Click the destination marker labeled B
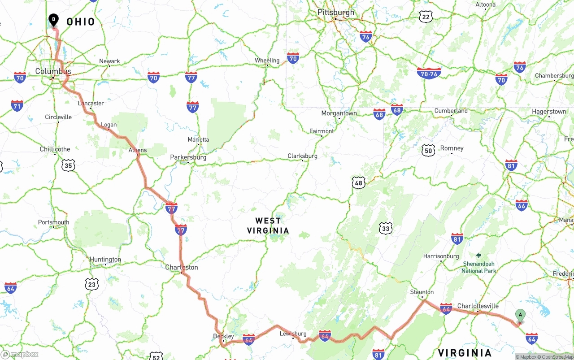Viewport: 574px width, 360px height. coord(53,20)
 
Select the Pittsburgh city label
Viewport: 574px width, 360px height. coord(336,12)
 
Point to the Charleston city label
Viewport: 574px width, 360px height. coord(182,267)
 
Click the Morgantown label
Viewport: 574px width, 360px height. coord(339,113)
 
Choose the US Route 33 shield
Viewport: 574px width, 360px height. coord(385,228)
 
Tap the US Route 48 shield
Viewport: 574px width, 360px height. coord(358,182)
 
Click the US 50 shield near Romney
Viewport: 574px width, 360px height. coord(428,151)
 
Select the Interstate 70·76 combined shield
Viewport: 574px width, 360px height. coord(429,73)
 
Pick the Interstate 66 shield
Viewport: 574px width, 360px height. coord(521,205)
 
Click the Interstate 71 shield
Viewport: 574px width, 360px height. coord(17,106)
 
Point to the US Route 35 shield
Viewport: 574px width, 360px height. coord(68,165)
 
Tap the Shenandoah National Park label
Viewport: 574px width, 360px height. coord(478,267)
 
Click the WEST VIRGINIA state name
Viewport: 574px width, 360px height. coord(268,226)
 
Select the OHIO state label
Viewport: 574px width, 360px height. coord(81,22)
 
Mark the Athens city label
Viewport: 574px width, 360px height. coord(137,150)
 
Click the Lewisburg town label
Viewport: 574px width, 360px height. coord(293,334)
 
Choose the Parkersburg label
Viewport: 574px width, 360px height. coord(188,157)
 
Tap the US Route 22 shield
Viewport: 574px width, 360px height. coord(426,17)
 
